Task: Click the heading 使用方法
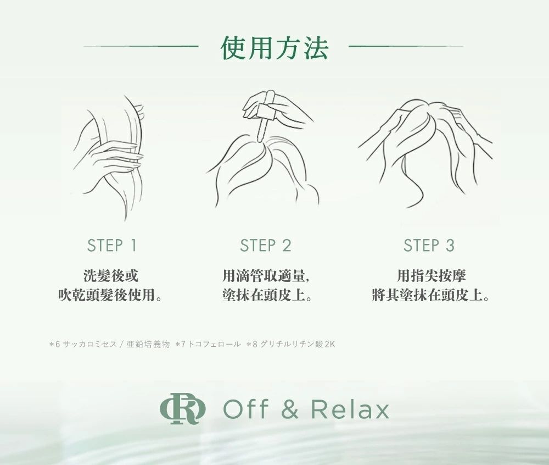(x=274, y=47)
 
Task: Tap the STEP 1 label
(x=111, y=245)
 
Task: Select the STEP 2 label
(x=265, y=245)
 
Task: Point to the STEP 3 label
(x=429, y=245)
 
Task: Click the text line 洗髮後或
(x=111, y=275)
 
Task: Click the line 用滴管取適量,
(x=266, y=275)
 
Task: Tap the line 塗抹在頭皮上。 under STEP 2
(x=267, y=295)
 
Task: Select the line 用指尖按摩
(x=431, y=275)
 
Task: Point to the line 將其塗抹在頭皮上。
(x=430, y=295)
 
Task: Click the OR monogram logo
(x=183, y=409)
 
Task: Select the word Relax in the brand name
(x=350, y=409)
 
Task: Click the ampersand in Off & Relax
(x=289, y=409)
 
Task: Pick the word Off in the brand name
(x=246, y=409)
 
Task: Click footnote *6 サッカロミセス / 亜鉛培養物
(x=109, y=345)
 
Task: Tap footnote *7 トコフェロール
(x=208, y=345)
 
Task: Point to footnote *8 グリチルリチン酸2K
(x=290, y=345)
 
